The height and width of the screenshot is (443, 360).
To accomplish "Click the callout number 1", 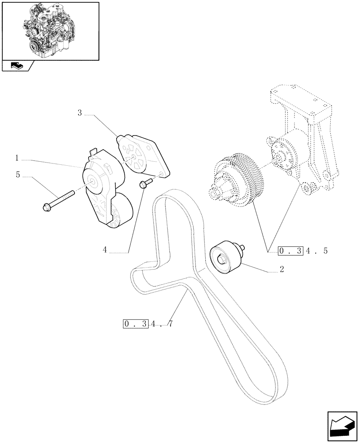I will (x=16, y=158).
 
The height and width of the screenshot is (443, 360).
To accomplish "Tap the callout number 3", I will (x=80, y=113).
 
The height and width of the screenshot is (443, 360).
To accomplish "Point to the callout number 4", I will (x=105, y=250).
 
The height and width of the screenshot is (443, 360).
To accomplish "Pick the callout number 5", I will (x=18, y=175).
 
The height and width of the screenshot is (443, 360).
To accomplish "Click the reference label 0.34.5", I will (x=303, y=251).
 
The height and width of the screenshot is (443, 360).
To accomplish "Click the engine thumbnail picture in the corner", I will (x=50, y=31).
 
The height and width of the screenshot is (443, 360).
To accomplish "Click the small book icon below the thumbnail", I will (x=17, y=66).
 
